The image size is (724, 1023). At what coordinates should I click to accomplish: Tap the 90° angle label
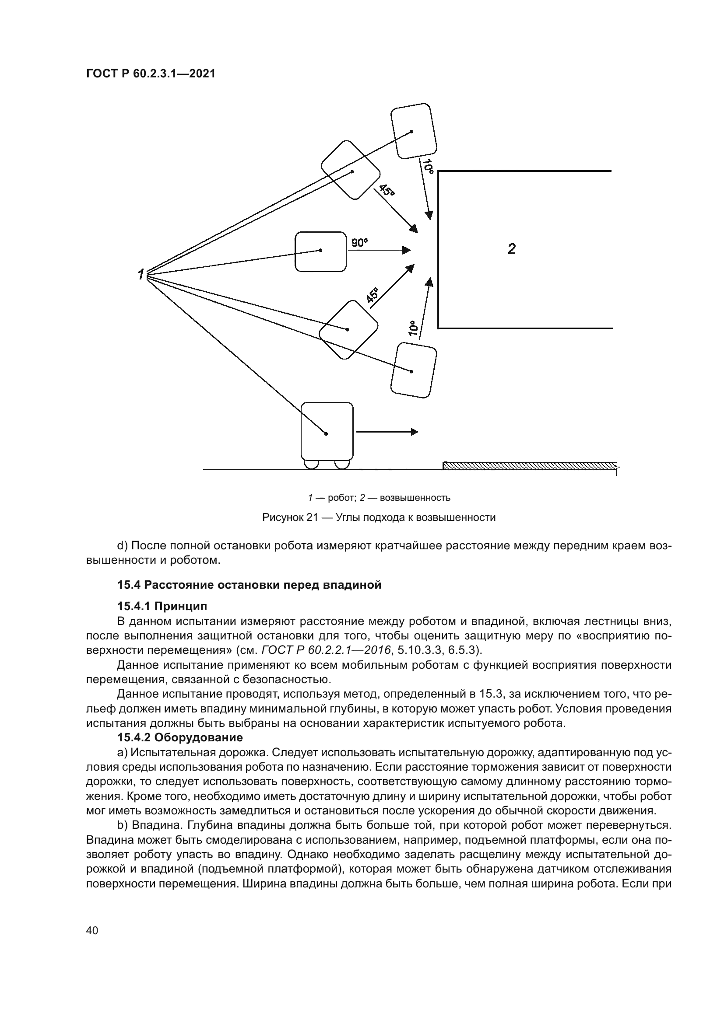tap(360, 243)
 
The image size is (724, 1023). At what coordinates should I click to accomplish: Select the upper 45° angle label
tap(387, 191)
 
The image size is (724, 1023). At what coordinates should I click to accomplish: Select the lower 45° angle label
tap(373, 295)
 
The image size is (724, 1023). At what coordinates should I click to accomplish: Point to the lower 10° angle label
tap(413, 328)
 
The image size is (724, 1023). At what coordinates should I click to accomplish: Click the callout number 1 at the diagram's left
tap(141, 275)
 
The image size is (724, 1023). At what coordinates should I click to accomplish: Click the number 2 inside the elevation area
tap(511, 248)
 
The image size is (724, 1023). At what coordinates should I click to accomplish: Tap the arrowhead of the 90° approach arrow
tap(407, 251)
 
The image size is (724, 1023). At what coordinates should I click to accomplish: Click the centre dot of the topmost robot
tap(411, 132)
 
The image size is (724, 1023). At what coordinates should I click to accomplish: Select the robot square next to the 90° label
tap(320, 252)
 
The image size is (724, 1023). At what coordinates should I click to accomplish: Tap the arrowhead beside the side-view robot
tap(415, 432)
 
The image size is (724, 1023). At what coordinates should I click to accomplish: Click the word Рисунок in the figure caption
tap(283, 517)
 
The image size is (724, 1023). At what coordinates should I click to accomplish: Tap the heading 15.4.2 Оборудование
tap(180, 737)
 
